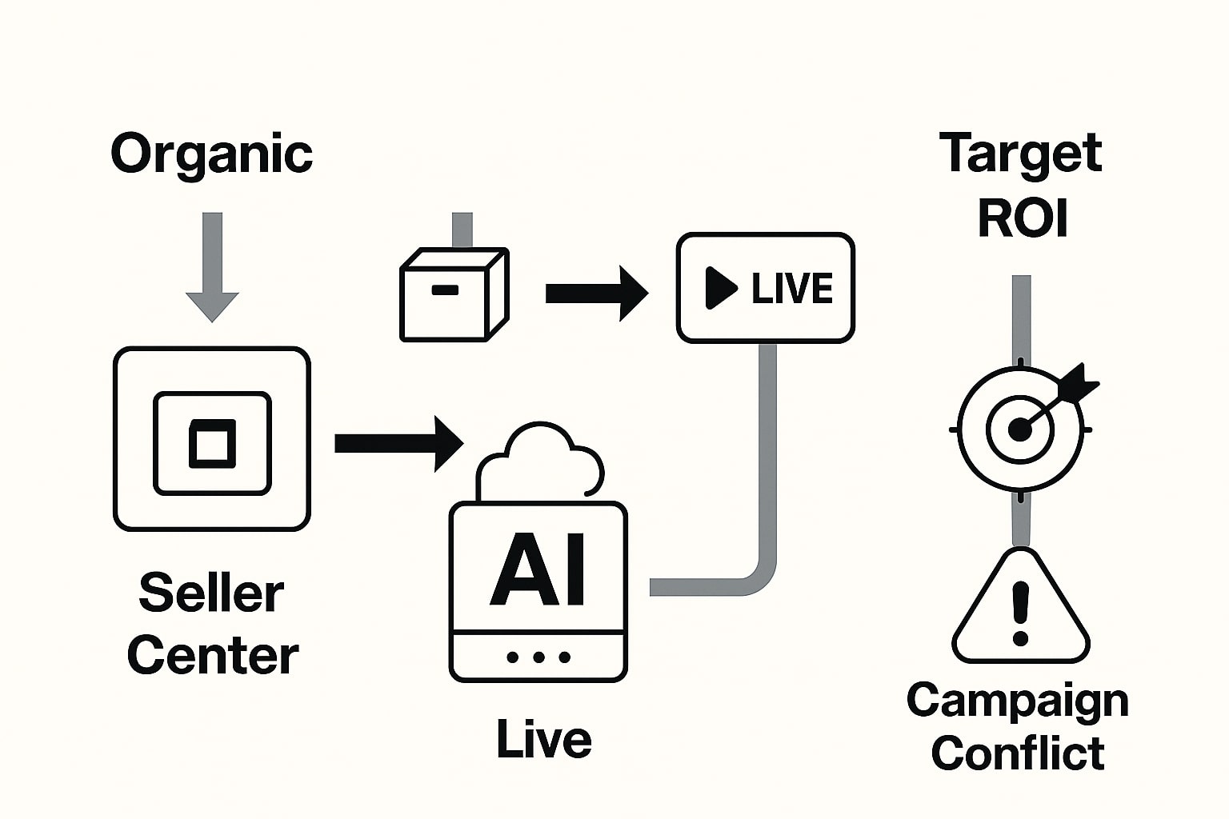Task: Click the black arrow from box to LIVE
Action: (596, 294)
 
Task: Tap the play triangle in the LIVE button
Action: (720, 288)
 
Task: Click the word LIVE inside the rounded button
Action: (792, 288)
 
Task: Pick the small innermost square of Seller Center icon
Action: (212, 443)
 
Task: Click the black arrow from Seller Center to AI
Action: (398, 443)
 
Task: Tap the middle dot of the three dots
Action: (538, 657)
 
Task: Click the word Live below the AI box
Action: (543, 739)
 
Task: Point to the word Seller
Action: (211, 593)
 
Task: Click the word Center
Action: (212, 656)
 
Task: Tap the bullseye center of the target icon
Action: (1019, 430)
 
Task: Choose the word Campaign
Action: (1018, 701)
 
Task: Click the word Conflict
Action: (1018, 753)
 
